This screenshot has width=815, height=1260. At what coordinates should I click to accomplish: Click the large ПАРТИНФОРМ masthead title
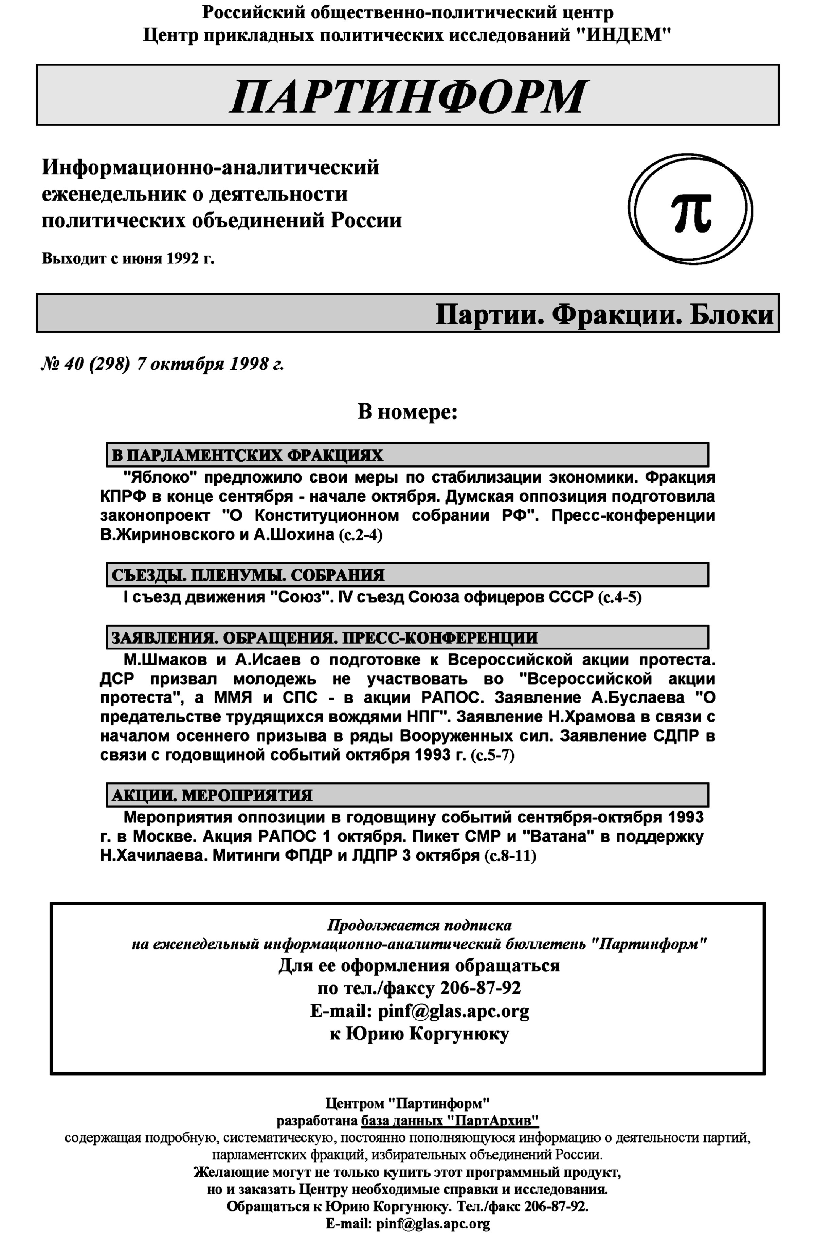click(x=407, y=96)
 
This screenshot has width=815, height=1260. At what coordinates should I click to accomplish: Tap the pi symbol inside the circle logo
click(x=691, y=211)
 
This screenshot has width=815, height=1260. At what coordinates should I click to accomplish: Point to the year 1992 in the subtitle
click(x=182, y=259)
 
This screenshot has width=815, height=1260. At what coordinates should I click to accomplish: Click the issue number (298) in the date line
click(x=110, y=364)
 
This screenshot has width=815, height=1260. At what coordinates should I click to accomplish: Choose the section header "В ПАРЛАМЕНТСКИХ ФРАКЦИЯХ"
click(x=247, y=455)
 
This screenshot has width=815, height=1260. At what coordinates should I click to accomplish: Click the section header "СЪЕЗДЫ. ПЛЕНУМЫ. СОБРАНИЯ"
click(x=248, y=575)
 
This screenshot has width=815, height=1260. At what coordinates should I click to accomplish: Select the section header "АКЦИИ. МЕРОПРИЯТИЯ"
click(x=212, y=795)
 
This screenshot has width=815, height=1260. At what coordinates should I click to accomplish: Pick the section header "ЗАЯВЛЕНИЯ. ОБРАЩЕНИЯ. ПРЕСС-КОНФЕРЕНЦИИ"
click(x=324, y=637)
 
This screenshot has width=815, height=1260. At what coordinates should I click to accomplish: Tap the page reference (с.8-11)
click(x=510, y=855)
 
